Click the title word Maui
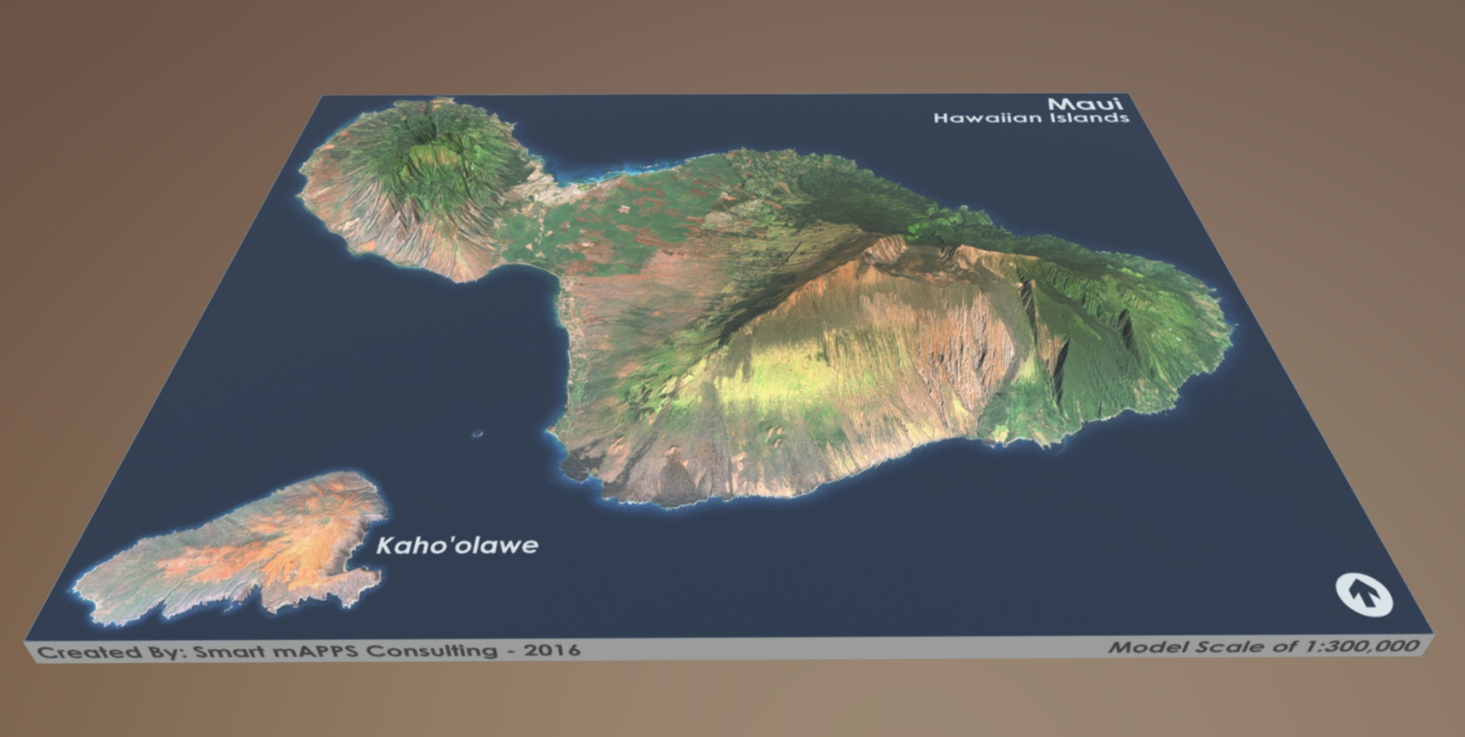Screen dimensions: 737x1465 pos(1085,104)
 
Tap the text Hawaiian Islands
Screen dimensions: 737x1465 pos(1030,118)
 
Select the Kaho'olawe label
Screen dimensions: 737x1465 pos(457,546)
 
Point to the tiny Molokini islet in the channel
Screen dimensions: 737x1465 pos(477,434)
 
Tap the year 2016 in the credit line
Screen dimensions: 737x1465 pos(553,650)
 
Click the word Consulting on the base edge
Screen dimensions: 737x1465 pos(432,650)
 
